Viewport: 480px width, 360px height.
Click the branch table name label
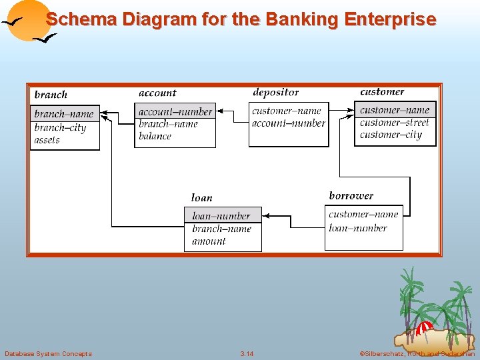(51, 95)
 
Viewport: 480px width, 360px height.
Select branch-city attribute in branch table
(60, 127)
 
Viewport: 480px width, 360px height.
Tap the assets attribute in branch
(47, 140)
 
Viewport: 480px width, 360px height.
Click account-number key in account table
(175, 112)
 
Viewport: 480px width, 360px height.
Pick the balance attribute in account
(155, 136)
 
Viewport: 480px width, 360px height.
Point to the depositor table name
(275, 93)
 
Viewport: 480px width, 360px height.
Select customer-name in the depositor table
(286, 111)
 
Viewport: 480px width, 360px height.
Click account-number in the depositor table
(288, 123)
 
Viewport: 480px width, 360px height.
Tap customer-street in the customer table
(394, 123)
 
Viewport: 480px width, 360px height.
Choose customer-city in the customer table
(391, 135)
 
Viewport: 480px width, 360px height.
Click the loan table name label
(201, 197)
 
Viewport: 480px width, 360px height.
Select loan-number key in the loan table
(221, 216)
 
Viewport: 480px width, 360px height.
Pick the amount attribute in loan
(209, 241)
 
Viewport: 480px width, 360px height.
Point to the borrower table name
(351, 196)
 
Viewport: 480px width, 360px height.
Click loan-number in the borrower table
(357, 228)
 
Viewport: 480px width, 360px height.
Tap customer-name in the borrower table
(363, 214)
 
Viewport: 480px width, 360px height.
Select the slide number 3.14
(247, 353)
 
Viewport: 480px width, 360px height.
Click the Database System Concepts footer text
(48, 353)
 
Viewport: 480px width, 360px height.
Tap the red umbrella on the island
(423, 328)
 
